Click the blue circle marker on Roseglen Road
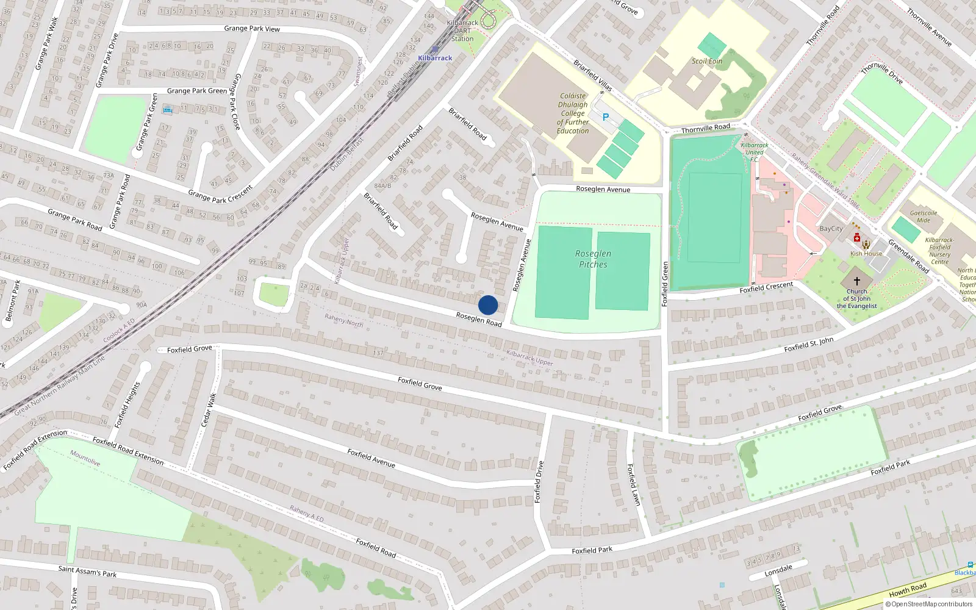(488, 305)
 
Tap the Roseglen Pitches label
(593, 259)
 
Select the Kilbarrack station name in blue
(435, 58)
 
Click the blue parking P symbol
(606, 117)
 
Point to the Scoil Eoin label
(707, 61)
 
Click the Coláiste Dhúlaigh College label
(573, 113)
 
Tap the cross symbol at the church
(856, 281)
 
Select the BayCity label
(831, 229)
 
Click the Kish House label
(866, 254)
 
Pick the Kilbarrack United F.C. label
(755, 152)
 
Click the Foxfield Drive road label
(538, 482)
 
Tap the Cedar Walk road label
(209, 410)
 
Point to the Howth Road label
(908, 590)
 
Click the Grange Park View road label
(252, 29)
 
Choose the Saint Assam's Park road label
(87, 572)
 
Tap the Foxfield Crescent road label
(766, 287)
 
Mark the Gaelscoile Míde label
(924, 217)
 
